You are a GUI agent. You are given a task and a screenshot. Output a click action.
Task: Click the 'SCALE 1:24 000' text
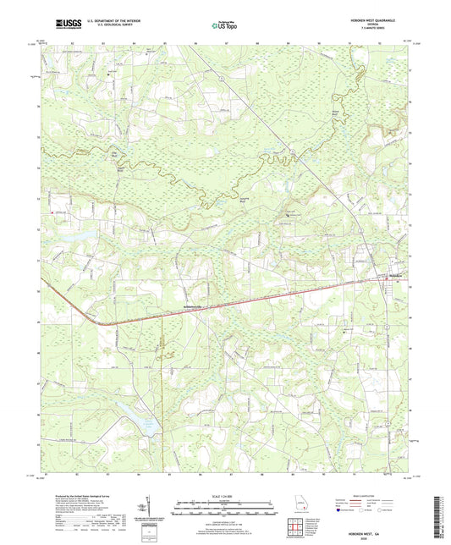point(225,494)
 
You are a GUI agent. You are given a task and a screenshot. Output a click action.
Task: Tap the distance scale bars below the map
point(225,507)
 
